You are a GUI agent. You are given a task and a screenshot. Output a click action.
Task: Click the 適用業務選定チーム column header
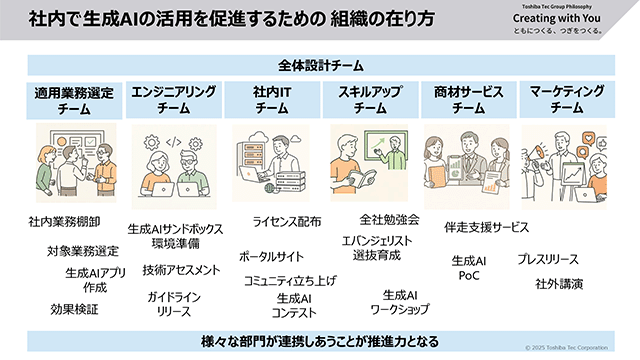(75, 99)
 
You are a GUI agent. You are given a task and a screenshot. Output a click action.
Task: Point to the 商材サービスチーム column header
(466, 99)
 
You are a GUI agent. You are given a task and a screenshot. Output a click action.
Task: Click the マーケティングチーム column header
(565, 99)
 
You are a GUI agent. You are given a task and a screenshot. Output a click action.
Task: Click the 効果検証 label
(74, 310)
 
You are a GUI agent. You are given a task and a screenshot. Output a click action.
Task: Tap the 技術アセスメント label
(181, 270)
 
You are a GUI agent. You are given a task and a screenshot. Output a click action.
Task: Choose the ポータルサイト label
(271, 256)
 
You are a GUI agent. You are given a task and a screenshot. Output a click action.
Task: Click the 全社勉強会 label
(389, 219)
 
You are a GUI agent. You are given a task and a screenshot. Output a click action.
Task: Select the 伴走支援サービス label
(486, 228)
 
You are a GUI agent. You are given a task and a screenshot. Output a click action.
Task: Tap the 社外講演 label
(559, 284)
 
